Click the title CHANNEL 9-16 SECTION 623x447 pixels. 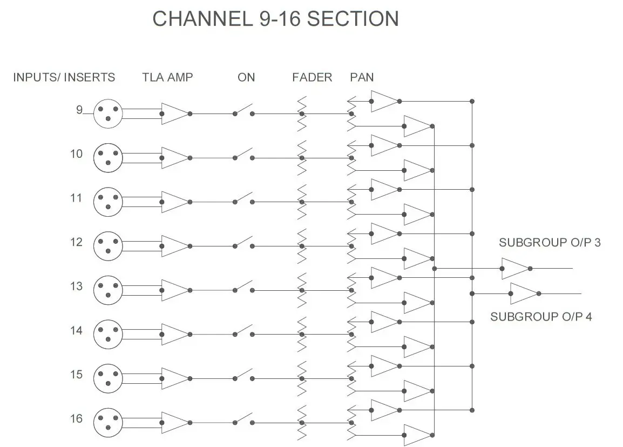275,18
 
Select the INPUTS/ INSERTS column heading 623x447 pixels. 64,77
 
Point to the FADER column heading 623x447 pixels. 312,77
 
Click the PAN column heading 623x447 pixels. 361,77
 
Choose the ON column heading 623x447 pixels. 246,77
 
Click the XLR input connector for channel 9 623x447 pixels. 108,114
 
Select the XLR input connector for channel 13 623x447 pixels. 108,290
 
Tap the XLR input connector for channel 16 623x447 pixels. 108,423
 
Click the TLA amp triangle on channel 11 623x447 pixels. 173,202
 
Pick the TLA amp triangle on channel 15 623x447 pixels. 173,378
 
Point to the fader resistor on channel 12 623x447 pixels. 302,246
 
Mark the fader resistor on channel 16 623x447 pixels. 302,423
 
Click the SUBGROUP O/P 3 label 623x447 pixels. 550,243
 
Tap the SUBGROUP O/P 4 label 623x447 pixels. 541,317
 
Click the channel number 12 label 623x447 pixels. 76,242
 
